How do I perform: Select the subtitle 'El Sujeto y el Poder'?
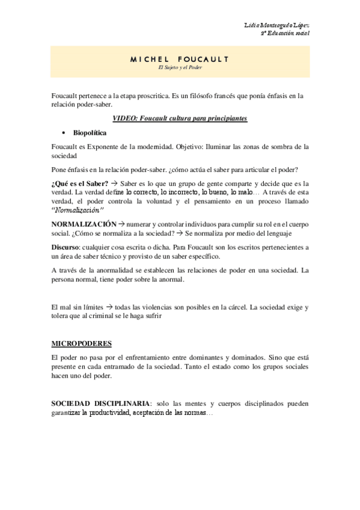coord(180,67)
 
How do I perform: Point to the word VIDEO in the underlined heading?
coord(124,118)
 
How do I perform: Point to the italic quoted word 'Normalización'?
coord(78,210)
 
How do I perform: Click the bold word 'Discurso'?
coord(67,247)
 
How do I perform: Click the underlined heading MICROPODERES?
coord(82,344)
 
